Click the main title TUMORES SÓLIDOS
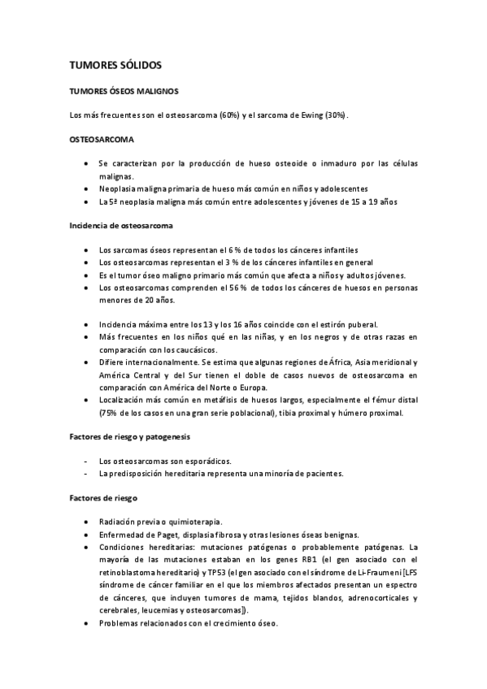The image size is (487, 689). coord(115,63)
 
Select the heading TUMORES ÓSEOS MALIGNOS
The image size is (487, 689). coord(124,92)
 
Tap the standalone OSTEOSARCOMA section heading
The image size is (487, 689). coord(102,140)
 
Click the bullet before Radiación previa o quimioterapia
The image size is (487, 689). coord(87,522)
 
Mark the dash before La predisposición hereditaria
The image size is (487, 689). coord(87,474)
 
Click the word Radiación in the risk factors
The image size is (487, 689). coord(117,522)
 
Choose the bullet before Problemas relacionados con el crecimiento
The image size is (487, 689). coord(87,624)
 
